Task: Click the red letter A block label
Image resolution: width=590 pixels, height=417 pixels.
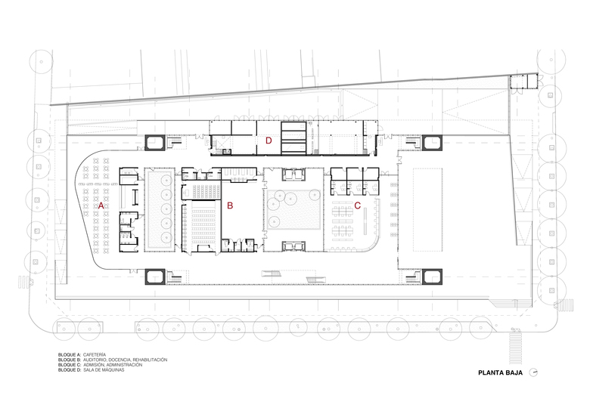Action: (101, 205)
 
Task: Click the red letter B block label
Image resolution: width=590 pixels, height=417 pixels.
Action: (230, 205)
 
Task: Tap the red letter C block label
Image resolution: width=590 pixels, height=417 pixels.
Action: (358, 205)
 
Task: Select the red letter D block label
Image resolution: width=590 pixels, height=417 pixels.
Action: (269, 141)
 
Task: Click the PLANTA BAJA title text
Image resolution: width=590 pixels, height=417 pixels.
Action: (500, 373)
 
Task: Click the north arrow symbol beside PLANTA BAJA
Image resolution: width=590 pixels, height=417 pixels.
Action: (533, 372)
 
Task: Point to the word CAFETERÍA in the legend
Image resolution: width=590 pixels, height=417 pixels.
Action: (95, 354)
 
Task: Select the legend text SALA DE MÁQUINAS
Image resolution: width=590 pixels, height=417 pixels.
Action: (104, 370)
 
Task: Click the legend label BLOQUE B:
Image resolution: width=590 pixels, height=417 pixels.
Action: (70, 360)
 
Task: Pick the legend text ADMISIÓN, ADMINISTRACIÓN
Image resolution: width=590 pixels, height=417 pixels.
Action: (113, 365)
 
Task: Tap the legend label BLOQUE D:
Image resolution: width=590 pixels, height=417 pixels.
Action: (70, 370)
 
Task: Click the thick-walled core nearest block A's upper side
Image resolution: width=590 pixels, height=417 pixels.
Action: (154, 142)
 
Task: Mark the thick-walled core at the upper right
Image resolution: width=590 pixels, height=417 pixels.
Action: (432, 142)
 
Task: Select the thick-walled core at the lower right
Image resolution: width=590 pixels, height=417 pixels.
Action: (432, 276)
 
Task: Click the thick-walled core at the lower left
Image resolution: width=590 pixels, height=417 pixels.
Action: (154, 276)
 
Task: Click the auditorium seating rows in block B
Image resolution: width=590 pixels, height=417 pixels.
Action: (203, 224)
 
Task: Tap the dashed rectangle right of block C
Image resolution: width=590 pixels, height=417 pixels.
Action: (427, 210)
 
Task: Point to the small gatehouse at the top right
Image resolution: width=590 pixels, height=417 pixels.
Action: (524, 82)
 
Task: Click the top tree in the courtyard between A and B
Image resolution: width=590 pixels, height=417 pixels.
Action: (166, 180)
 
